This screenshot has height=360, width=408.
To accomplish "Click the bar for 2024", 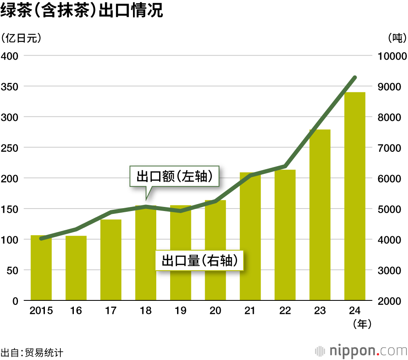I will pyautogui.click(x=355, y=196).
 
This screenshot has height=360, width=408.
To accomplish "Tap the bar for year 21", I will pyautogui.click(x=250, y=237).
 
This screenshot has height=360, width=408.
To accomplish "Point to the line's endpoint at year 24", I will pyautogui.click(x=355, y=78).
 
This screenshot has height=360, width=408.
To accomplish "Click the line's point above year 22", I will pyautogui.click(x=285, y=166).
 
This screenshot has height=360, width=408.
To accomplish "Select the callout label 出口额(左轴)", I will pyautogui.click(x=174, y=177).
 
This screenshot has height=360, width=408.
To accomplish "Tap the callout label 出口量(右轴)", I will pyautogui.click(x=199, y=260).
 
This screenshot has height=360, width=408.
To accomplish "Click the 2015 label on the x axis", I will pyautogui.click(x=41, y=311).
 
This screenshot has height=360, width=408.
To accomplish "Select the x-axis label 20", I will pyautogui.click(x=215, y=311).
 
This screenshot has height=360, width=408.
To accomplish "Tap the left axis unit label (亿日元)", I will pyautogui.click(x=21, y=38).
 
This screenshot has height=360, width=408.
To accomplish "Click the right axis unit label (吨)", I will pyautogui.click(x=397, y=38).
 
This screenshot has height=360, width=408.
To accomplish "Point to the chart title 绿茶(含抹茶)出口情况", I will pyautogui.click(x=82, y=11).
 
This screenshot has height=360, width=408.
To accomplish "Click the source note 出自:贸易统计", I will pyautogui.click(x=32, y=352).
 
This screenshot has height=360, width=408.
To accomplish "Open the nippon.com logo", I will pyautogui.click(x=361, y=351).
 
